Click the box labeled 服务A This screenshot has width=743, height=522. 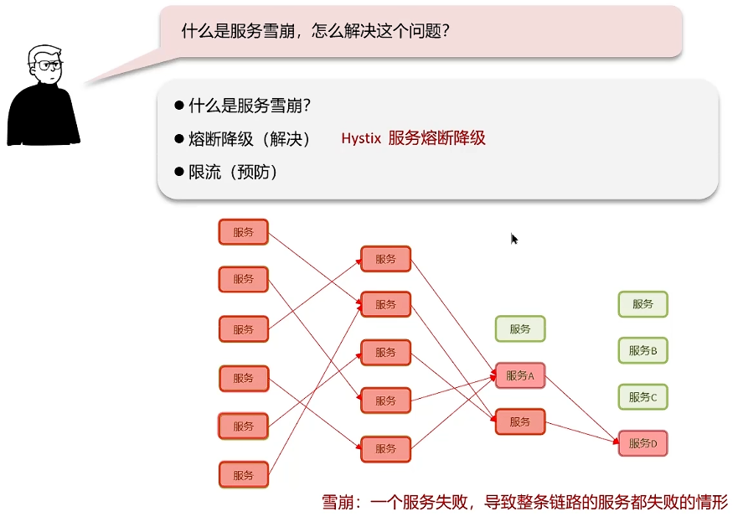[x=520, y=376]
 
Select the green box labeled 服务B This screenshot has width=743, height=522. [x=642, y=350]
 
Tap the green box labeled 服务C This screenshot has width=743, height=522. [x=642, y=396]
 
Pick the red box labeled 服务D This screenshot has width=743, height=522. [x=642, y=442]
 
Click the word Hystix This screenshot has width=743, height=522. [x=361, y=139]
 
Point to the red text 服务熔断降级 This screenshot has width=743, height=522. [x=436, y=139]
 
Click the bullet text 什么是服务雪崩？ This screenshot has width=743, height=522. [x=250, y=106]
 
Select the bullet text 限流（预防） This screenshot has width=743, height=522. [x=233, y=172]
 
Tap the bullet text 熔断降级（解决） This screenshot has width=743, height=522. [x=250, y=139]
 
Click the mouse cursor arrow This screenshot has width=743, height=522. [x=514, y=239]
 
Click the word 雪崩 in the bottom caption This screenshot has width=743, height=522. [x=338, y=503]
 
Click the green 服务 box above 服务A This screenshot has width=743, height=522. [x=520, y=329]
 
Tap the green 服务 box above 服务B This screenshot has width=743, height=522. [x=642, y=304]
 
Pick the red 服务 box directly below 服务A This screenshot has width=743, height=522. [x=520, y=421]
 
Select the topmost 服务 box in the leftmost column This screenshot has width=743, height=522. [x=244, y=232]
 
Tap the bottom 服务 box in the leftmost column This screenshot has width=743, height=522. [x=244, y=475]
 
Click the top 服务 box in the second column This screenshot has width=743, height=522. [x=386, y=259]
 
